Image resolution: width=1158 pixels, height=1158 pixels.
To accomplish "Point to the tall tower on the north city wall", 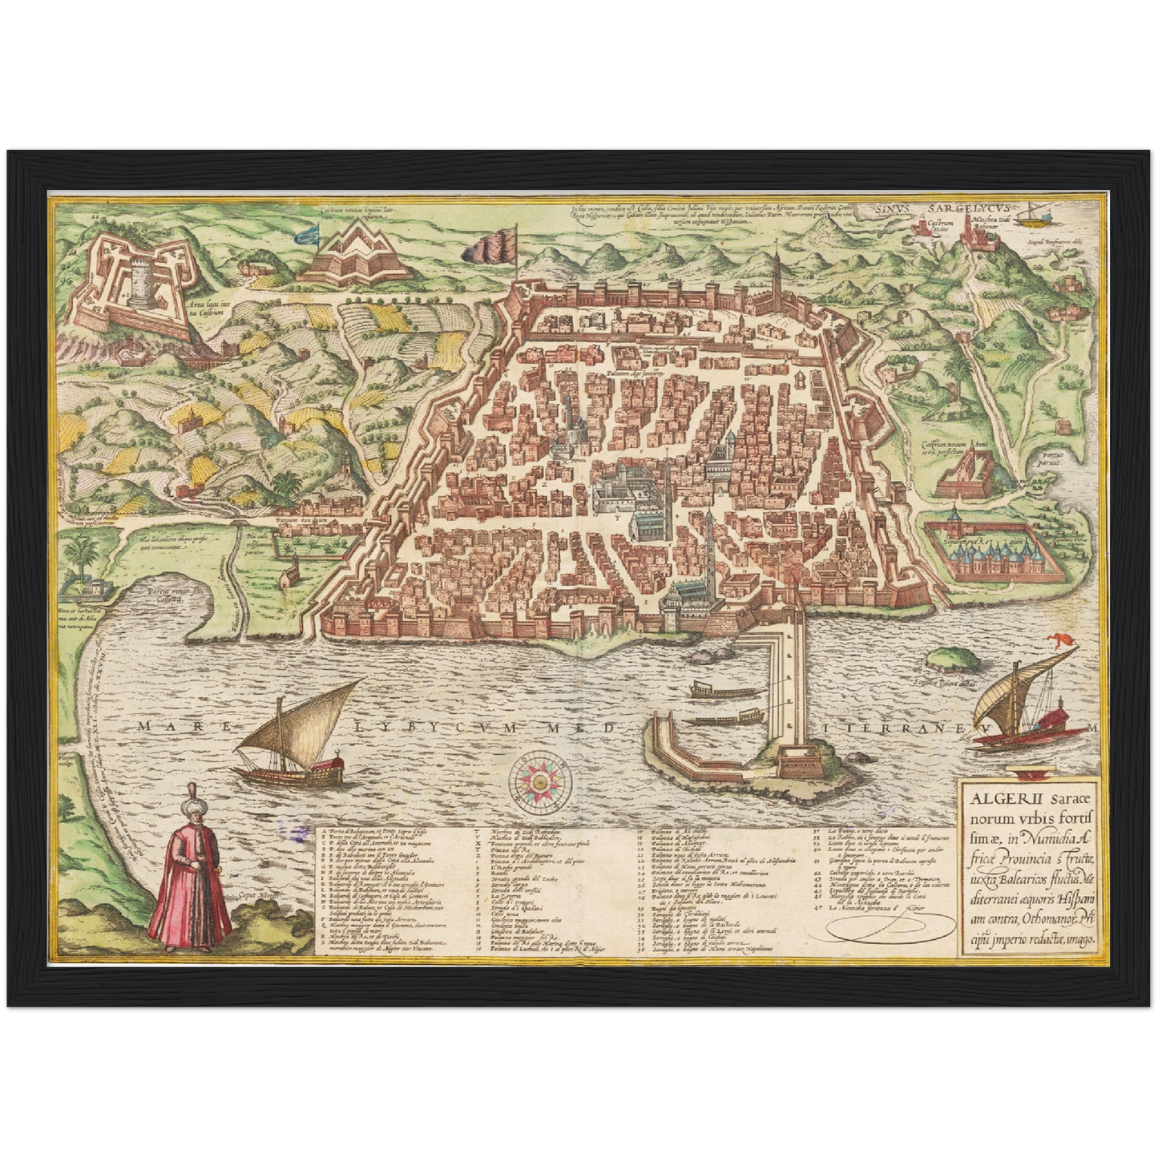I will tap(777, 276).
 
